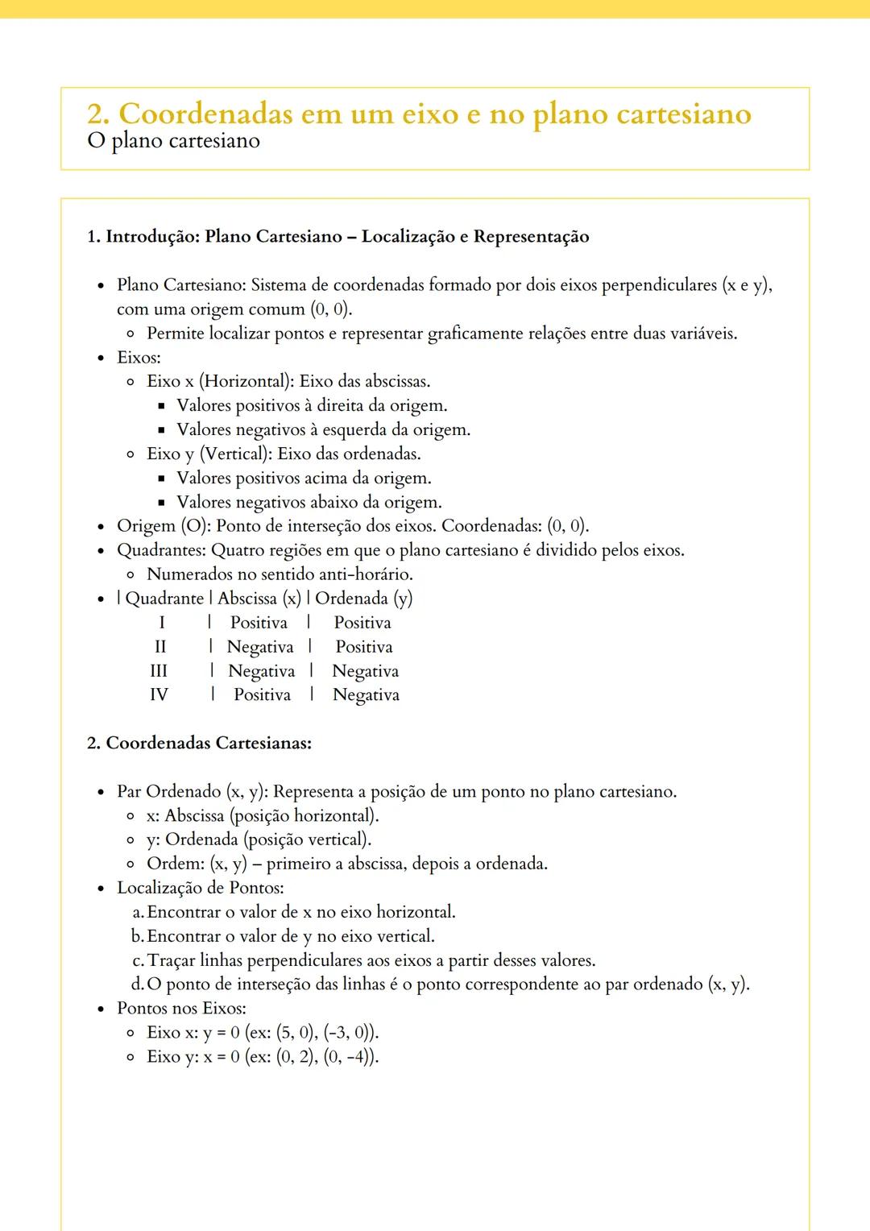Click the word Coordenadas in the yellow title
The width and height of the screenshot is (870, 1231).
205,114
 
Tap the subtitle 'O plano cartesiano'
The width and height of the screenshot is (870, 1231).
173,141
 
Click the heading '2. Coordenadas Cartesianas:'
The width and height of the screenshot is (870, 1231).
199,743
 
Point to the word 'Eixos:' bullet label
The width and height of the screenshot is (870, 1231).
139,357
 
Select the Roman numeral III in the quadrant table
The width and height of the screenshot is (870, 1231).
159,671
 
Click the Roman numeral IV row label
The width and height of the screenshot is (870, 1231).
159,694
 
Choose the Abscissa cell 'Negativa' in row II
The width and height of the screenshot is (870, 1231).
260,647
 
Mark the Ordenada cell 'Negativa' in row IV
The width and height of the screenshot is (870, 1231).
366,694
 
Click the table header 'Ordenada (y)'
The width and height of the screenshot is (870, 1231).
363,599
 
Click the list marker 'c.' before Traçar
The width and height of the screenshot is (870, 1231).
138,960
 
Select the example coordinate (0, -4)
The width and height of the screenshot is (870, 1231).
350,1056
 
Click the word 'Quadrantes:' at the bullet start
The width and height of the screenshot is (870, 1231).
161,550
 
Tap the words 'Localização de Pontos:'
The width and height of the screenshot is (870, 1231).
200,888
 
